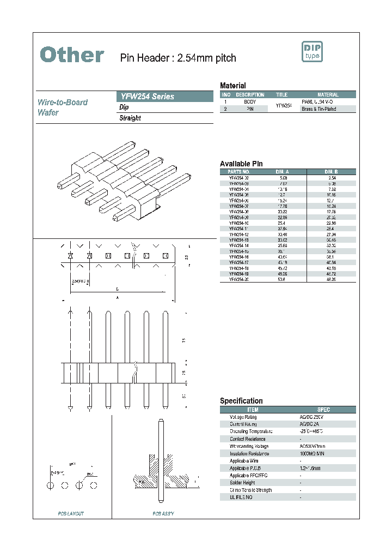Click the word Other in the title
(72, 55)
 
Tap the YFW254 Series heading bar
(165, 97)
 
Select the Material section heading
(232, 86)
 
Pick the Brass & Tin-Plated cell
(318, 109)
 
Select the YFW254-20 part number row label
(239, 279)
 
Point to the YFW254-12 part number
(239, 234)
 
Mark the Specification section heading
(241, 401)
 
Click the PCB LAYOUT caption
(71, 513)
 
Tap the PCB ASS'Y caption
(163, 513)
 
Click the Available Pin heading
(241, 164)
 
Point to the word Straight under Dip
(130, 118)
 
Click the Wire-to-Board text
(63, 102)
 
